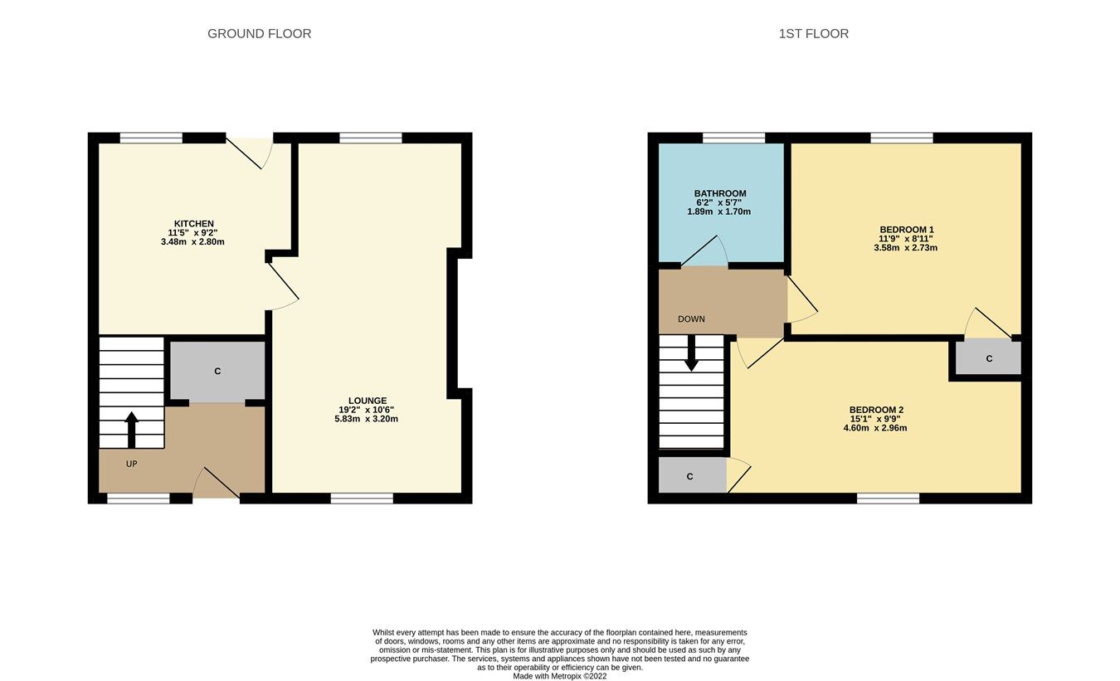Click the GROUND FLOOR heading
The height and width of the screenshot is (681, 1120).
click(259, 34)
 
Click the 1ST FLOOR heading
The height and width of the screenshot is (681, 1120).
click(813, 34)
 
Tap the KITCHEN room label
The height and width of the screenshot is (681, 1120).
click(193, 224)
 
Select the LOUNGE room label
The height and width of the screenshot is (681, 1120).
click(368, 401)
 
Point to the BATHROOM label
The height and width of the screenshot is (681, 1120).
click(719, 194)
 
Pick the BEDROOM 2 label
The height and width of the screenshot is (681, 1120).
click(876, 410)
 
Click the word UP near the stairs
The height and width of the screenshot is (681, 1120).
click(131, 464)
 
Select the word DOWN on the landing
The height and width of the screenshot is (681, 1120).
click(691, 319)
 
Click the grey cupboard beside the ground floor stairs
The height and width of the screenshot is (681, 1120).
click(217, 371)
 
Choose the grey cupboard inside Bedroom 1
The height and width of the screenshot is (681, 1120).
click(988, 358)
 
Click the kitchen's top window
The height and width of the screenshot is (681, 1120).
click(151, 139)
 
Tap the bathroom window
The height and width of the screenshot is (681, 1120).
click(733, 139)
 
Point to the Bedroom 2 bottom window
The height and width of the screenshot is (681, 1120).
click(888, 499)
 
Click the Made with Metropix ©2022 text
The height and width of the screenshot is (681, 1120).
click(559, 676)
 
